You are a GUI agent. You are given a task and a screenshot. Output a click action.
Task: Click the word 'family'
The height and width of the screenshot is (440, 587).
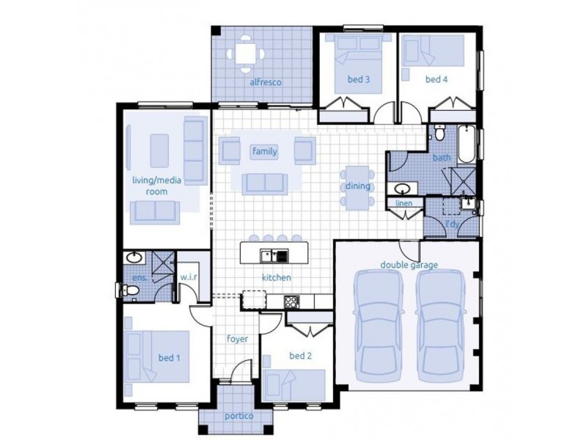click(x=264, y=151)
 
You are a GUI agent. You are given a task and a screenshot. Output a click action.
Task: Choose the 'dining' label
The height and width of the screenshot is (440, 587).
click(x=358, y=186)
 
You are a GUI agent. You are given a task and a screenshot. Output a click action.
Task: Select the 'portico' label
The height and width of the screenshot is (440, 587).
click(x=239, y=417)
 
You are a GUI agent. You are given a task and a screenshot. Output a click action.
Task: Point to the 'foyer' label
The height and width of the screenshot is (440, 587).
click(x=238, y=340)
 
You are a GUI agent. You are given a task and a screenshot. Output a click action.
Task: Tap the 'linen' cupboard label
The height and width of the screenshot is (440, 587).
click(x=404, y=202)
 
